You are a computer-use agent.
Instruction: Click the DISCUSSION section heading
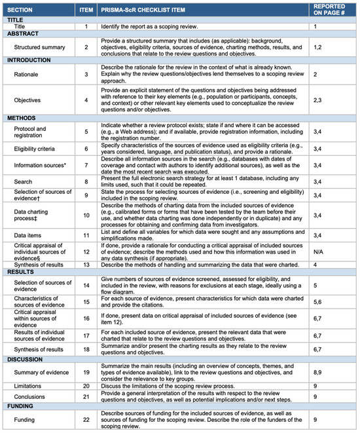pos(26,360)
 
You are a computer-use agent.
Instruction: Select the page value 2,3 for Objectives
pos(318,101)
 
